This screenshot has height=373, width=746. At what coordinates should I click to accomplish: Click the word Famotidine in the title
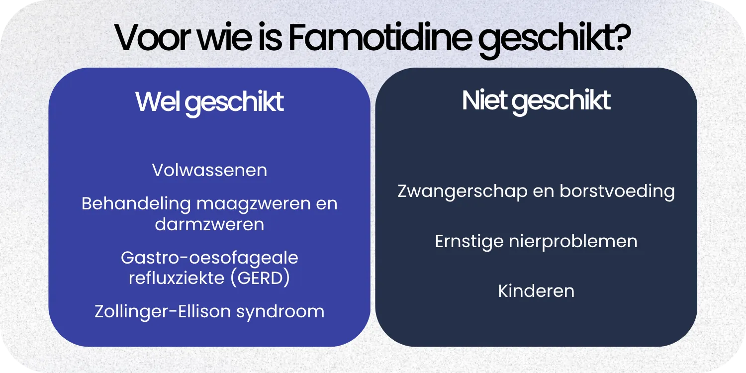379,39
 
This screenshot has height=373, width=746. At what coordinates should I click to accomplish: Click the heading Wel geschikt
209,102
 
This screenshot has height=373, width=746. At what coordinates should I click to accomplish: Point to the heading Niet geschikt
536,100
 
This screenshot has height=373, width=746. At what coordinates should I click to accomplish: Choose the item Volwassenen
209,171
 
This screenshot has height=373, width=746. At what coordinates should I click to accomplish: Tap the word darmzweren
209,224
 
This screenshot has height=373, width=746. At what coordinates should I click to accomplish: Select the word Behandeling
136,204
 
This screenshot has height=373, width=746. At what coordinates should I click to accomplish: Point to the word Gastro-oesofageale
209,258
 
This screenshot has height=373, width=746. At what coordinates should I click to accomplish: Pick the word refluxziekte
177,278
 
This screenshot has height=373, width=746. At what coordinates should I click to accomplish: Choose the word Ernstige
468,241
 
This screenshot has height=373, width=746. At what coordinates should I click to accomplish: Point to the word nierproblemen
572,241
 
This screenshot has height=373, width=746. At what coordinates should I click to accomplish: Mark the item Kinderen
536,291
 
